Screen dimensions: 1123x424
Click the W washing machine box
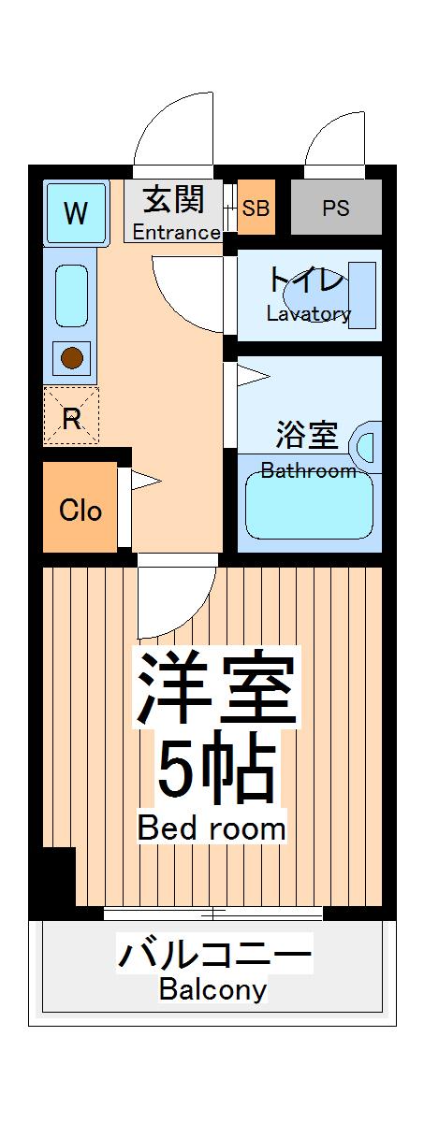[76, 213]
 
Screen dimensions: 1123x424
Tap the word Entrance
[176, 232]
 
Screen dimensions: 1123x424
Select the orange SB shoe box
[256, 208]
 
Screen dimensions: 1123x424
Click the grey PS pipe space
[336, 208]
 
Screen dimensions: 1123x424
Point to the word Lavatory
[308, 313]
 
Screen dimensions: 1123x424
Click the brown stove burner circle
[72, 356]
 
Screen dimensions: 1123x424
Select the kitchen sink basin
[72, 295]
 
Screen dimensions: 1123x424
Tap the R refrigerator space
[71, 417]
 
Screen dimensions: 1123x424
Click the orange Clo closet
[80, 510]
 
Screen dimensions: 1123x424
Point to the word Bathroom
[308, 470]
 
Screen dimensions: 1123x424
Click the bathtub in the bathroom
[309, 506]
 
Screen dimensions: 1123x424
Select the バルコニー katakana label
[213, 956]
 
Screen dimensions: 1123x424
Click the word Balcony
[212, 988]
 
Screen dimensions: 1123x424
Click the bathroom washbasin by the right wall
[367, 443]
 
